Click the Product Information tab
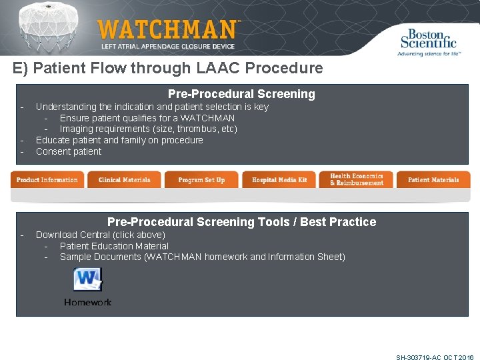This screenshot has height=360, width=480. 47,180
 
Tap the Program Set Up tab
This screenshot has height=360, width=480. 201,180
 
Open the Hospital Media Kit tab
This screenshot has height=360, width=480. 279,180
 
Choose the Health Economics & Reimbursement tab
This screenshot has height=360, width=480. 357,180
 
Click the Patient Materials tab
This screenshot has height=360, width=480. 433,180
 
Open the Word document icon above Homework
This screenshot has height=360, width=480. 87,280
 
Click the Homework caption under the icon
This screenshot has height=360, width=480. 88,302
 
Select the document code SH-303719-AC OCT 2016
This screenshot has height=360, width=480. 435,357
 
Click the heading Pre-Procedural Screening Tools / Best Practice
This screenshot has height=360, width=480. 241,222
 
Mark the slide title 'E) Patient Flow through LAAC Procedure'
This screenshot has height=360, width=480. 167,68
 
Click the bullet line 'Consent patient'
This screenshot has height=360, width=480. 69,151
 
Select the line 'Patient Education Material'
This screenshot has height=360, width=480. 114,246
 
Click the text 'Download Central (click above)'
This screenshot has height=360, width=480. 101,235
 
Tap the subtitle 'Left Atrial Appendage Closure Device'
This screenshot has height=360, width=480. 168,47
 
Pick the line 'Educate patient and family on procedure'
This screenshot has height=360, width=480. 119,140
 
